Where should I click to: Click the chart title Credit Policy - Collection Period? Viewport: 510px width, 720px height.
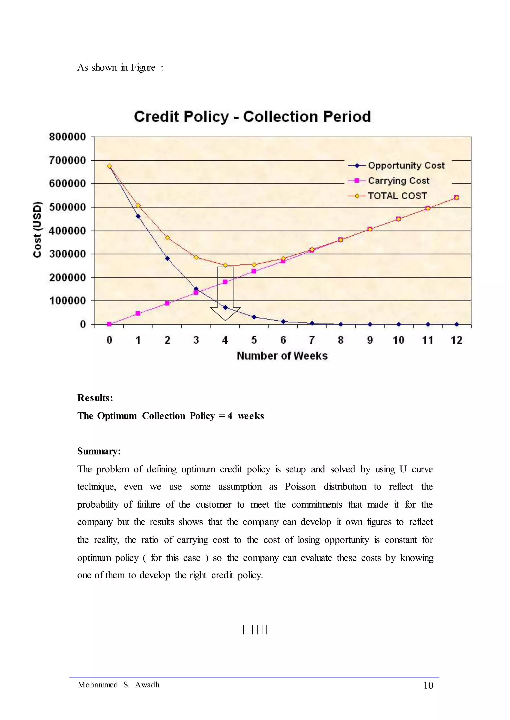253,117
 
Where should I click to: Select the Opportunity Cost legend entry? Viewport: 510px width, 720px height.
396,165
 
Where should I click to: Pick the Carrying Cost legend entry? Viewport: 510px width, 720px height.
389,181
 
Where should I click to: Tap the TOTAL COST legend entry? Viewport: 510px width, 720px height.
387,196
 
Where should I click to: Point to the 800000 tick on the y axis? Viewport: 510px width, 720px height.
67,137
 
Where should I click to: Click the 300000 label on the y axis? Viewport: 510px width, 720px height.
67,254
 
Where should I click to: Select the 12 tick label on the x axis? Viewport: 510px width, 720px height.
457,340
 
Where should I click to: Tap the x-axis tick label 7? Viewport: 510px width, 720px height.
312,340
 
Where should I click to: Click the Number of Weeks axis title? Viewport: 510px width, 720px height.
282,356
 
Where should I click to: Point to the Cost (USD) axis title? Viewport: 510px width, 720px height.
37,229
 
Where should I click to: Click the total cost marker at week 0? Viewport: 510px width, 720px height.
109,166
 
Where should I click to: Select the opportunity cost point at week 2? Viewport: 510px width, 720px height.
167,258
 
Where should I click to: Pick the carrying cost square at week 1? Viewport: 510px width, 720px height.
138,313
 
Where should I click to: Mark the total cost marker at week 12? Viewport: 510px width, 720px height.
457,198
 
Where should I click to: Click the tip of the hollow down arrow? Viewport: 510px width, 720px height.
225,321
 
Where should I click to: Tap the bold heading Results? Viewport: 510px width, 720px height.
95,398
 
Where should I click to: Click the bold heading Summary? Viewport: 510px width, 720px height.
99,451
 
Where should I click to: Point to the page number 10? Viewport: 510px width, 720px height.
428,685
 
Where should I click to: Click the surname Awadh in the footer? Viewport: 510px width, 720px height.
147,685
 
